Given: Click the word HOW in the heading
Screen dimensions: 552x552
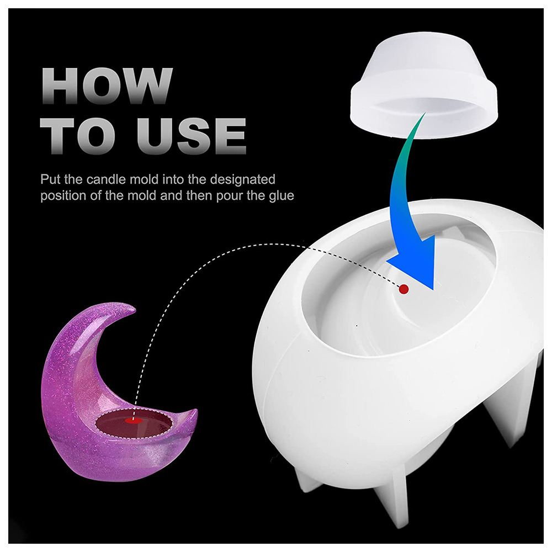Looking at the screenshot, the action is (107, 86).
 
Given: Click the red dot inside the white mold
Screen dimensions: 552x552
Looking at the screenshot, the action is (404, 289).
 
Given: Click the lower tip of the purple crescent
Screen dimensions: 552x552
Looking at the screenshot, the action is (194, 412).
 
